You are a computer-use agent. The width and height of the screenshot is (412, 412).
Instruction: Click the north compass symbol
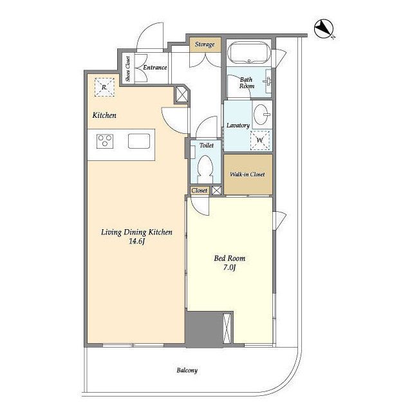[x=324, y=28]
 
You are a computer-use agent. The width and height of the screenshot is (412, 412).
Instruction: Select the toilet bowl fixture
[x=206, y=168]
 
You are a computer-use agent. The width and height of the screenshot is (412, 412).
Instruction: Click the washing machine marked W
[x=260, y=140]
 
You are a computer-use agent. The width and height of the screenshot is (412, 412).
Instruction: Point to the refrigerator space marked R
[x=104, y=88]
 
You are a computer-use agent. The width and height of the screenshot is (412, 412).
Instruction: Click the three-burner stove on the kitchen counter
[x=105, y=141]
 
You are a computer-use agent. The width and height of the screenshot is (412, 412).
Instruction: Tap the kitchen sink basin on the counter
[x=139, y=141]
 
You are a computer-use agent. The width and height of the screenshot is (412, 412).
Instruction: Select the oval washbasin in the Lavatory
[x=261, y=115]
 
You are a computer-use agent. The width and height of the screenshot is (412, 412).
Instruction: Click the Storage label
[x=205, y=44]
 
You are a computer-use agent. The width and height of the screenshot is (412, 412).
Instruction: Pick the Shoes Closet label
[x=128, y=69]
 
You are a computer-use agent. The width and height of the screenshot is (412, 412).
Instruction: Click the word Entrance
[x=155, y=67]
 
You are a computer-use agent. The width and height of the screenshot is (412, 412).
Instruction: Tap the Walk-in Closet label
[x=247, y=174]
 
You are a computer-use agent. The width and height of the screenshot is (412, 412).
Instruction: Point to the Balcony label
[x=187, y=371]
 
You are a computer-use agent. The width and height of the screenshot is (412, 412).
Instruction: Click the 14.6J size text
[x=137, y=241]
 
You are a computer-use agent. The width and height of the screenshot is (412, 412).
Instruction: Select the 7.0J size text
[x=230, y=268]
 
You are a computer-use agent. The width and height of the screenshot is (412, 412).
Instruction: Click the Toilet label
[x=207, y=145]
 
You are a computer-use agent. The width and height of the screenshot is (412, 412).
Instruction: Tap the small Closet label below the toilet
[x=200, y=191]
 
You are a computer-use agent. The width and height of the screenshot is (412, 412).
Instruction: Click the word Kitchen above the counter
[x=104, y=115]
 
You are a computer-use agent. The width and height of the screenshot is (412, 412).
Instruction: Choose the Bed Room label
[x=230, y=258]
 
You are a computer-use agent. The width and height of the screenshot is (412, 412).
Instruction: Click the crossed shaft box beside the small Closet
[x=216, y=191]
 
